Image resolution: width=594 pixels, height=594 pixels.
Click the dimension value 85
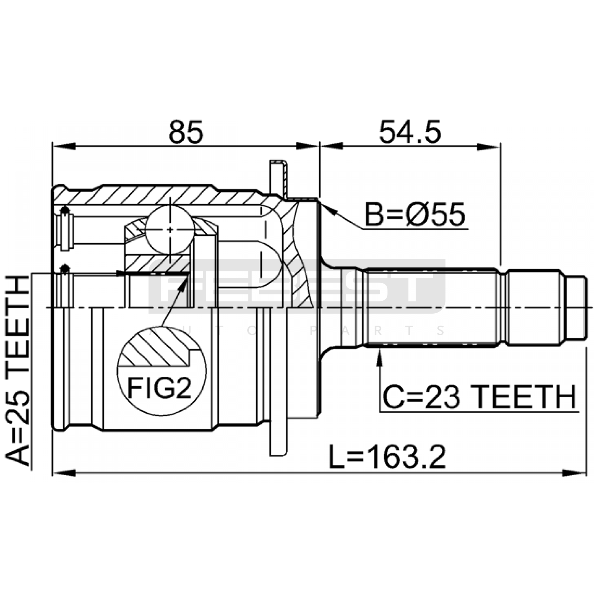[186, 132]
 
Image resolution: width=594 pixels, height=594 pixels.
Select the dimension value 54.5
[410, 132]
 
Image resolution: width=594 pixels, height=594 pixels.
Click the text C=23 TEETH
[479, 397]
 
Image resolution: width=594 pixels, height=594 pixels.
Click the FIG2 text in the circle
[159, 388]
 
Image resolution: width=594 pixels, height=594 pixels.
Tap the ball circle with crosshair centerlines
[170, 230]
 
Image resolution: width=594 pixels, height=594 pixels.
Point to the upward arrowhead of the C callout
[379, 357]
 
